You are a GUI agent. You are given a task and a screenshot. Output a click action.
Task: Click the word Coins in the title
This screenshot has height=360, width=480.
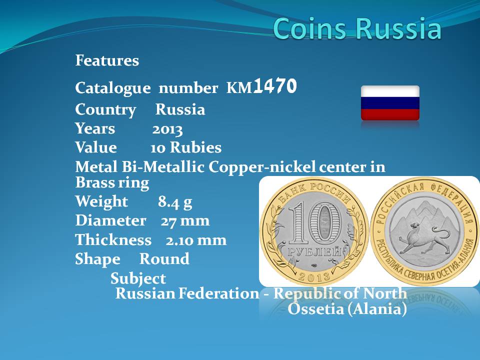coord(310,28)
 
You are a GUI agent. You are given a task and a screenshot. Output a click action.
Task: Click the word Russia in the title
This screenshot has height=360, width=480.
coord(398,28)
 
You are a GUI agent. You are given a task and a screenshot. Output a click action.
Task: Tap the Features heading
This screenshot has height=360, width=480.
coord(107,60)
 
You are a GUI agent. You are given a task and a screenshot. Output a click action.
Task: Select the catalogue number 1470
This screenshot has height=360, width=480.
coord(275,86)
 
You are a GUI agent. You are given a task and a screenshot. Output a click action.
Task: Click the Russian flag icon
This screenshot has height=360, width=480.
coord(390,103)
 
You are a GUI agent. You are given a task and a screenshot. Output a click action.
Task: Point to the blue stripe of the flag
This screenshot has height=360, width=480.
coord(390,103)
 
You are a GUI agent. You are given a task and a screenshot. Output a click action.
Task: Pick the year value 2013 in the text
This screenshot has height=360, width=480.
coord(167,130)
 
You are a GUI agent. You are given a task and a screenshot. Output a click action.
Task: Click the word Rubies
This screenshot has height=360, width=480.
coord(195,147)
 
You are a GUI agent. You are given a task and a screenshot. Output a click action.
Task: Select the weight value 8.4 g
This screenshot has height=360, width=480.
coord(175,202)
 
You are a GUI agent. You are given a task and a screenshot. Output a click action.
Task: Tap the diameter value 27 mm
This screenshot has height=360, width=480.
coord(185,220)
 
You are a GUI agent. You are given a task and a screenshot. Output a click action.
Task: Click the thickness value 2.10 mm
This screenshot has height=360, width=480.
coord(196,240)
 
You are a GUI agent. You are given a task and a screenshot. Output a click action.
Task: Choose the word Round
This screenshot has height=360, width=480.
coord(164,259)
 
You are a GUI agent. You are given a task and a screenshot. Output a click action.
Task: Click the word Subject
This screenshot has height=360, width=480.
coord(138,279)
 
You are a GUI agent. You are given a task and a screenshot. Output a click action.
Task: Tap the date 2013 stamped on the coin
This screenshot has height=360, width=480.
coord(314,276)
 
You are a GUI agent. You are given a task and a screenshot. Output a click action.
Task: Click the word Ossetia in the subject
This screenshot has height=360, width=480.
coord(316,309)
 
